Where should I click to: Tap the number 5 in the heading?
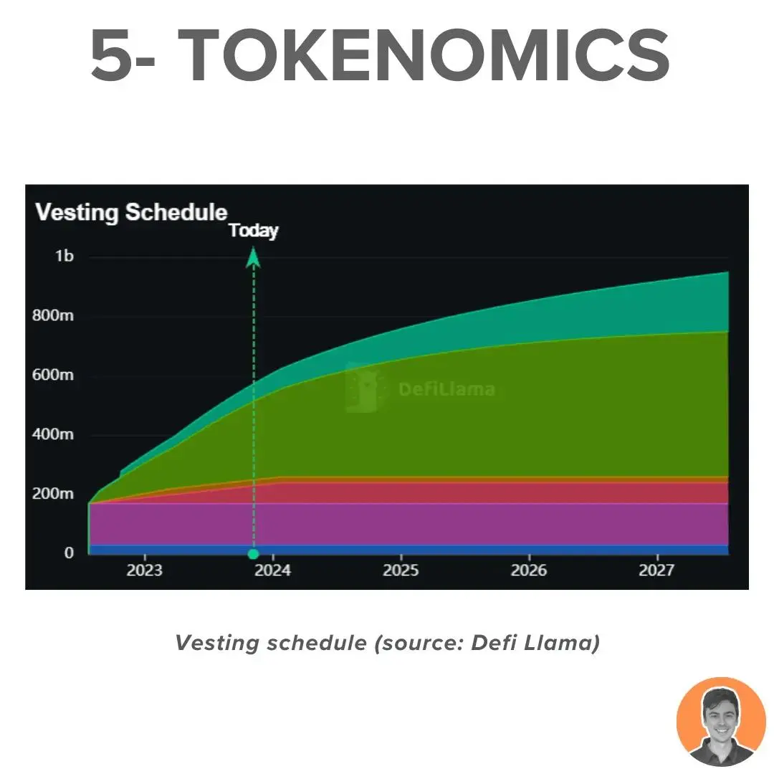point(112,55)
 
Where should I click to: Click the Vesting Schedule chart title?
point(131,213)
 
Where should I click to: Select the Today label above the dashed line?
point(254,231)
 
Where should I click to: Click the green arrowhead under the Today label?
point(253,258)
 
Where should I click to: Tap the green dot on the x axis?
point(253,554)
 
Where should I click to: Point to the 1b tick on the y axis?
point(64,256)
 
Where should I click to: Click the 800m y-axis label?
point(53,315)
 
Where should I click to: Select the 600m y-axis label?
point(53,375)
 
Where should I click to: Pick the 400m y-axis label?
point(53,434)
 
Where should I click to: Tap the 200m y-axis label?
point(53,493)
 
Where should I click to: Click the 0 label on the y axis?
point(69,553)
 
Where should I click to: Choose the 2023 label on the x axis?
point(145,570)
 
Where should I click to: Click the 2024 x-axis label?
point(272,570)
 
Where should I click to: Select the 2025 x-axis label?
point(401,570)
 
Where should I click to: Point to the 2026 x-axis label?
point(529,570)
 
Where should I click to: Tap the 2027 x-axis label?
point(657,570)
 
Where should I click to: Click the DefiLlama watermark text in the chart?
point(446,389)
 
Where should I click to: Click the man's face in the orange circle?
point(721,716)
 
